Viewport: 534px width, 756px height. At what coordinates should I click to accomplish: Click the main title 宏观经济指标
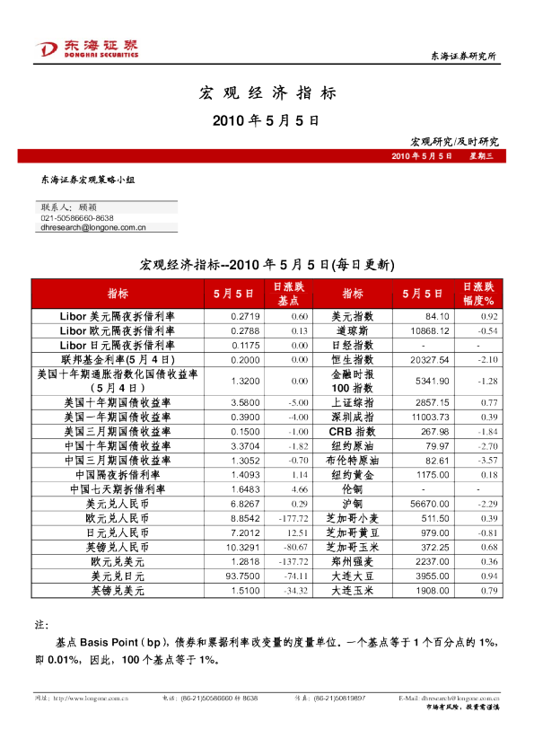coord(267,92)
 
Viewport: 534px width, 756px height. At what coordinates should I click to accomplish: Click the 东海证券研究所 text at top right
coord(464,57)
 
